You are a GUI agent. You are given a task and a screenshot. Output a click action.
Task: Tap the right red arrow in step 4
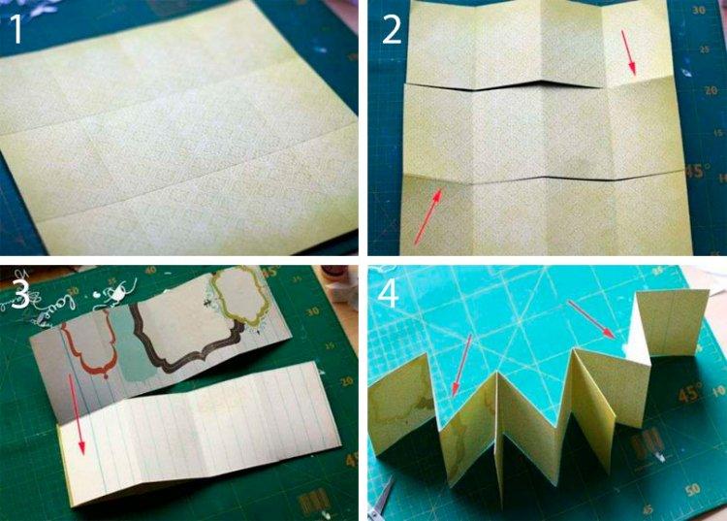[590, 321]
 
